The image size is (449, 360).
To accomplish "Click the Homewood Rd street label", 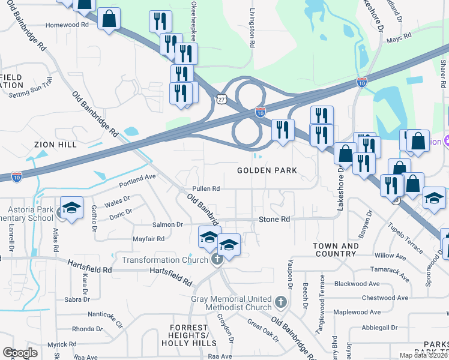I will tap(67, 25).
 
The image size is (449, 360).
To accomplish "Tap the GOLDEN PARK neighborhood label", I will tap(267, 171).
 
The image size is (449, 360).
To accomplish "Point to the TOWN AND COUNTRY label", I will tap(336, 250).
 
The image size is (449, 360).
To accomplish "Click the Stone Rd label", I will tap(274, 220).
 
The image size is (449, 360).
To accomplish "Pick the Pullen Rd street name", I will tap(206, 188).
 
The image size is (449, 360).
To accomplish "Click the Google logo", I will tap(20, 353).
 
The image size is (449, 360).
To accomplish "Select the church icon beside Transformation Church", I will tap(217, 259).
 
